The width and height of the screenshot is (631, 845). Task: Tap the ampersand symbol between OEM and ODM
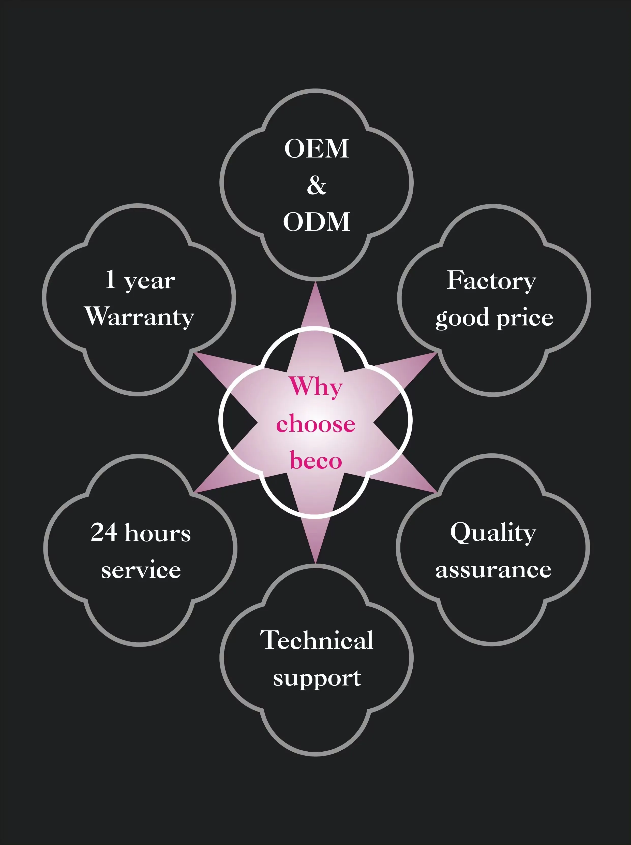pos(317,186)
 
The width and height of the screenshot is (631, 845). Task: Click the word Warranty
pos(140,317)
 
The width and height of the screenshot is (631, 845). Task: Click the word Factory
pos(492,281)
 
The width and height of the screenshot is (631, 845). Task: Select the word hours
pos(158,533)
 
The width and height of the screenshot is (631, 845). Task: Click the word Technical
pos(317,640)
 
